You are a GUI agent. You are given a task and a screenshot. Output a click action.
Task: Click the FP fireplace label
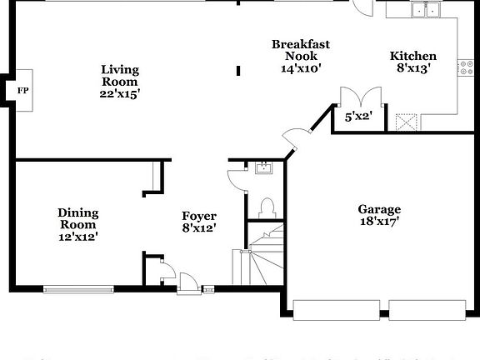(x=22, y=90)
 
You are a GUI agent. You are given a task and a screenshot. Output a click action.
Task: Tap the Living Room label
(x=120, y=76)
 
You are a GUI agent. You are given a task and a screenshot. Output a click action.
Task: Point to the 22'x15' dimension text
(x=120, y=94)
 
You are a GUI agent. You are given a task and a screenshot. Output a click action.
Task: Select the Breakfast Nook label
(x=301, y=50)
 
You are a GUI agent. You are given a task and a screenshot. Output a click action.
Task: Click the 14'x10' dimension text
(x=301, y=69)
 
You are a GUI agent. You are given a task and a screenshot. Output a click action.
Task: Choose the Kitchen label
(x=413, y=57)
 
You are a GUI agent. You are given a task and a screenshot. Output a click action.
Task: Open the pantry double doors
(x=360, y=97)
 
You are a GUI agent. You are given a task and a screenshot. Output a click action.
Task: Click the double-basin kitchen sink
(x=426, y=10)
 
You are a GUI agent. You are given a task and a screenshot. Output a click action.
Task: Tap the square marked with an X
(x=407, y=122)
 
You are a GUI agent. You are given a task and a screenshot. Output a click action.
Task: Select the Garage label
(x=379, y=209)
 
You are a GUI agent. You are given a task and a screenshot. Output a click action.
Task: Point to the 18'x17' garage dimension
(x=379, y=222)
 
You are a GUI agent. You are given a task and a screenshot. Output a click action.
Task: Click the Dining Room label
(x=77, y=218)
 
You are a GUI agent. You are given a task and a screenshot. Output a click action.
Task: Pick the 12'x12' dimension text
(x=77, y=237)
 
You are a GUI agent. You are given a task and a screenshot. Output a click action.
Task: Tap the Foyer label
(x=199, y=216)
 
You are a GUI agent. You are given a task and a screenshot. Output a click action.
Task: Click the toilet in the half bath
(x=267, y=207)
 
